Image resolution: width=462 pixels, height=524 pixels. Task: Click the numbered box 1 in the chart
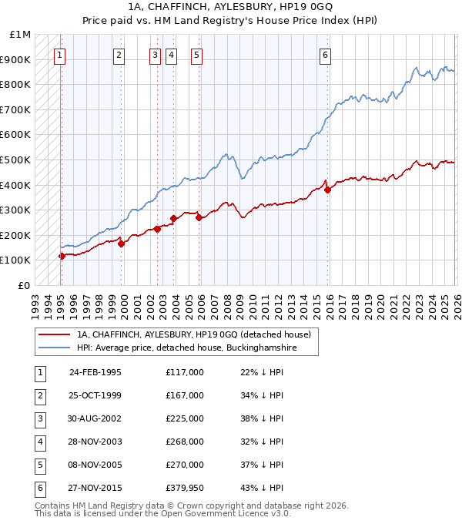tap(60, 55)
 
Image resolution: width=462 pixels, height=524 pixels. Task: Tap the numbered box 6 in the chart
tap(326, 55)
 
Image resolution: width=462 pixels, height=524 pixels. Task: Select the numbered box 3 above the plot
tap(155, 55)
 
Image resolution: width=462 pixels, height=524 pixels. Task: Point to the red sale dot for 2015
tap(327, 190)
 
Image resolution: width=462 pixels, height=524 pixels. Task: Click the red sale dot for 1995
tap(62, 256)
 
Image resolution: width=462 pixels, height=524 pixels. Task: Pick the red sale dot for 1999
tap(122, 244)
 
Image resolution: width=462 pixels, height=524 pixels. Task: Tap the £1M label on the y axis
tap(20, 35)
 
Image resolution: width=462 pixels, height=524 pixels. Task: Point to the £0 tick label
tap(25, 285)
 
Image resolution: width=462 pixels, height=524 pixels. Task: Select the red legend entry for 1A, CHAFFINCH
tap(193, 334)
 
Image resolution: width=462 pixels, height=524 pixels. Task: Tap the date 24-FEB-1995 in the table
tap(95, 372)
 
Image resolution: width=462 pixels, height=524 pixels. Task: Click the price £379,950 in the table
tap(184, 488)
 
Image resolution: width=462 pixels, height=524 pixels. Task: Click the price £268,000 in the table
tap(184, 442)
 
